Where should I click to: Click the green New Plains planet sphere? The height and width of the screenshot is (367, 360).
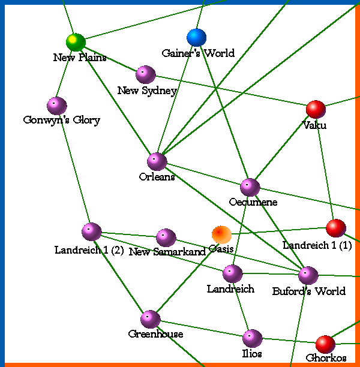pos(76,42)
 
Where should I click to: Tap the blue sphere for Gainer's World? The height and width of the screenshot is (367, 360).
pos(196,37)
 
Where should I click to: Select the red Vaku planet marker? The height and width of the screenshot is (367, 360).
pos(316,109)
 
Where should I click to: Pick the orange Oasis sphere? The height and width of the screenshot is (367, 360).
pos(221,234)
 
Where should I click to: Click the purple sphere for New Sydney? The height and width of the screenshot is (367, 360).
pos(145,74)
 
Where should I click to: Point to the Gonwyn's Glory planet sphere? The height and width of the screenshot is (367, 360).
pos(56,106)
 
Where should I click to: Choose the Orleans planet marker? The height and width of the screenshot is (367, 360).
pos(157,161)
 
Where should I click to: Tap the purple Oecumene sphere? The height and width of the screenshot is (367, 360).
pos(250,187)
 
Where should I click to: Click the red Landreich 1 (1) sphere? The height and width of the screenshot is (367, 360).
pos(335,228)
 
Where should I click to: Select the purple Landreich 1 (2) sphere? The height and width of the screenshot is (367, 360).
pos(91,231)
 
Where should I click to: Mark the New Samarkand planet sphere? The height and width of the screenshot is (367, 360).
pos(166,237)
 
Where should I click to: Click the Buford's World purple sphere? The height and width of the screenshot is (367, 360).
pos(308,275)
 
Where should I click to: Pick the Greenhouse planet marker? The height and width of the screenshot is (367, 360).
pos(150,319)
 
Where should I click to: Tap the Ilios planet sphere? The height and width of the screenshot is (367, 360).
pos(252,338)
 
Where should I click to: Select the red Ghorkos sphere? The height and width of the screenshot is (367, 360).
pos(325,344)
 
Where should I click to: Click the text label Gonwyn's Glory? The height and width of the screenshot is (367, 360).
pos(61,120)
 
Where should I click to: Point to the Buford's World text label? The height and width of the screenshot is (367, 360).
pos(308,291)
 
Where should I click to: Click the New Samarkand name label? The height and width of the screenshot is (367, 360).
pos(167,252)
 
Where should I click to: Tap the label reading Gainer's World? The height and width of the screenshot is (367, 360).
pos(198,53)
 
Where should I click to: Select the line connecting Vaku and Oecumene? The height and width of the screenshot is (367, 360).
pos(283,148)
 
